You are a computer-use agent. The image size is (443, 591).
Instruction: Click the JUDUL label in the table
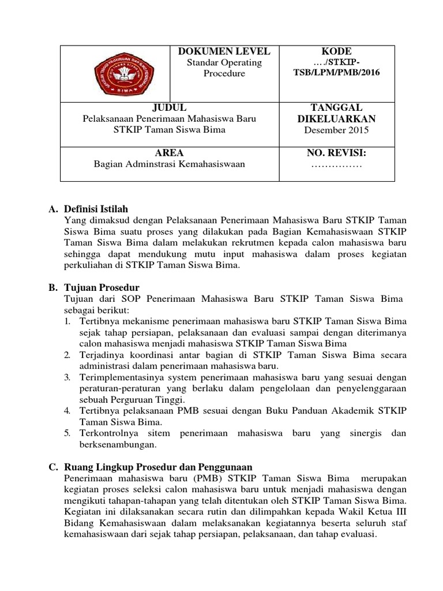pyautogui.click(x=170, y=107)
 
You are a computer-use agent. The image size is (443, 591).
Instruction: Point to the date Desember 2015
pyautogui.click(x=336, y=130)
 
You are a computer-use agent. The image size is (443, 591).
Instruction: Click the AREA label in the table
pyautogui.click(x=170, y=153)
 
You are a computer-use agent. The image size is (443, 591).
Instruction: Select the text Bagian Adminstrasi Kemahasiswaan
pyautogui.click(x=170, y=164)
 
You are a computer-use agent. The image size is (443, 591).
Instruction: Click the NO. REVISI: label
pyautogui.click(x=336, y=153)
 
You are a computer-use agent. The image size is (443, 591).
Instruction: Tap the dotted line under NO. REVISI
pyautogui.click(x=336, y=166)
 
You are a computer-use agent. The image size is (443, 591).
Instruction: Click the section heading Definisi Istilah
pyautogui.click(x=96, y=209)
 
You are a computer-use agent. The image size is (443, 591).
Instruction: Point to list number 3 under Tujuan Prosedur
pyautogui.click(x=67, y=377)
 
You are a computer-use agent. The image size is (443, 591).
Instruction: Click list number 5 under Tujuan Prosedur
pyautogui.click(x=67, y=433)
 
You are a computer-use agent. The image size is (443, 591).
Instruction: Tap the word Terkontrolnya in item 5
pyautogui.click(x=106, y=433)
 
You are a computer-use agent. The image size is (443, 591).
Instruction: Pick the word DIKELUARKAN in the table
pyautogui.click(x=336, y=119)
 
